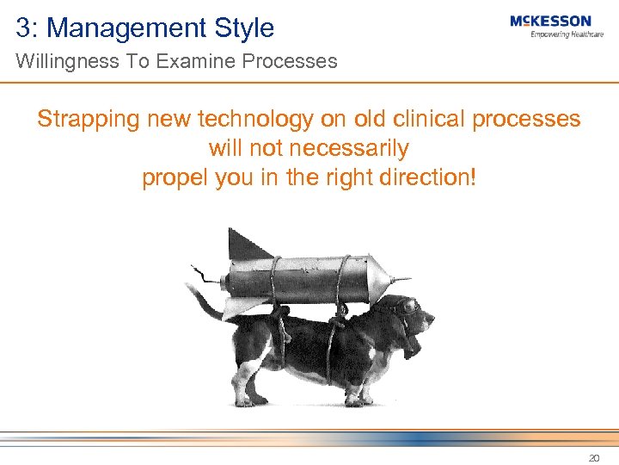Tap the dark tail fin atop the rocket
(249, 245)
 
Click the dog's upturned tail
(199, 298)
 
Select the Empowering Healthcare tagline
(567, 34)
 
